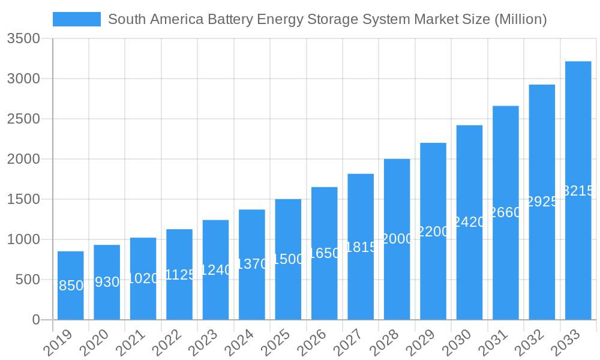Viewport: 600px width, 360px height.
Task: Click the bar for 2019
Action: pyautogui.click(x=71, y=286)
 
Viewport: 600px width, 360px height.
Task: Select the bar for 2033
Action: pyautogui.click(x=578, y=190)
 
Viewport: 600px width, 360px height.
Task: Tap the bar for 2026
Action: pyautogui.click(x=325, y=253)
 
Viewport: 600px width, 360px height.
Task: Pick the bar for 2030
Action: pyautogui.click(x=469, y=222)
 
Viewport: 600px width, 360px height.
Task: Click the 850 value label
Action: pyautogui.click(x=71, y=286)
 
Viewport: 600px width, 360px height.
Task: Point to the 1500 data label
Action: pyautogui.click(x=289, y=259)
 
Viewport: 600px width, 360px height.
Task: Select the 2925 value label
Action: pyautogui.click(x=542, y=202)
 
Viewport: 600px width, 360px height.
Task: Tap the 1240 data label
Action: pyautogui.click(x=215, y=270)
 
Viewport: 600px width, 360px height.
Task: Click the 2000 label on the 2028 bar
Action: pyautogui.click(x=397, y=239)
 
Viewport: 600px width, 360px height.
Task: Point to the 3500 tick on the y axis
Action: pyautogui.click(x=23, y=39)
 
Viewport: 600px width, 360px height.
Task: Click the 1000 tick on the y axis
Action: pyautogui.click(x=23, y=239)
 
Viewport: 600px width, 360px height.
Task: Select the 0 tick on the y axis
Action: pyautogui.click(x=36, y=320)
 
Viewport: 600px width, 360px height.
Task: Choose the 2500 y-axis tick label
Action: pyautogui.click(x=23, y=119)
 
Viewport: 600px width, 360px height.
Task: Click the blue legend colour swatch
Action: pyautogui.click(x=77, y=19)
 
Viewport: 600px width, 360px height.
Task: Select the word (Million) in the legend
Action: pyautogui.click(x=520, y=19)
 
